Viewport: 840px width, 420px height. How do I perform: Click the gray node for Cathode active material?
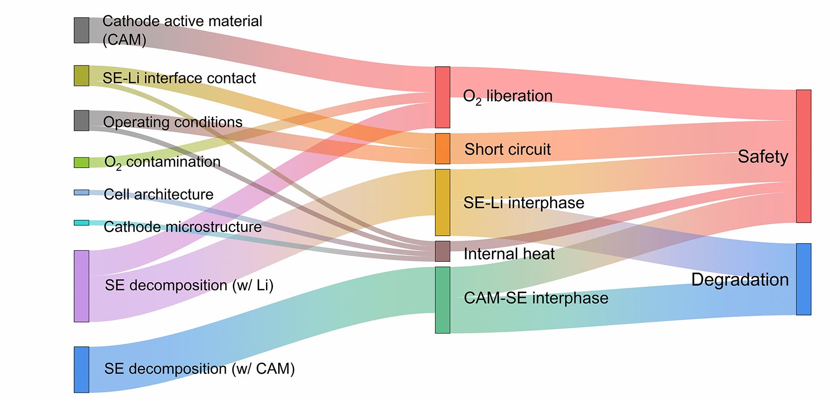point(81,30)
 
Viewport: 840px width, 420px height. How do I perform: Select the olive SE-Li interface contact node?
point(81,76)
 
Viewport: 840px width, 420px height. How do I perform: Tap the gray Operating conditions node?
point(81,120)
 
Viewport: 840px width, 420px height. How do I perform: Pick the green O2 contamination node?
point(81,162)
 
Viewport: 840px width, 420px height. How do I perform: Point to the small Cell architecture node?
point(81,192)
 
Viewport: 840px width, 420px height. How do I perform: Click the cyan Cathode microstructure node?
point(81,223)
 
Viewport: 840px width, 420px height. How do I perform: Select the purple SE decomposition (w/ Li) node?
point(81,286)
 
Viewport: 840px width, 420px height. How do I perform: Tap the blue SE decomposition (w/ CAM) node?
point(81,370)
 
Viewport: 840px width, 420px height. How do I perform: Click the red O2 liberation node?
point(442,97)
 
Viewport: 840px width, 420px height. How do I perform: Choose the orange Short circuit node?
point(442,149)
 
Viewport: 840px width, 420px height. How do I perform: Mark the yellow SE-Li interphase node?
point(442,203)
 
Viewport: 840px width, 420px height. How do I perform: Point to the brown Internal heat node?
point(442,252)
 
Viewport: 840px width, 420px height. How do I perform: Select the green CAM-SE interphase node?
point(442,300)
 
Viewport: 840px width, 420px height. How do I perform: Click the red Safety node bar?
point(804,156)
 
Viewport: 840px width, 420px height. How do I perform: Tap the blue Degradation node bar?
point(804,279)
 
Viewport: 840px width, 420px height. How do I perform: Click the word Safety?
point(763,157)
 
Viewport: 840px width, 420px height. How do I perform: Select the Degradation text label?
point(740,280)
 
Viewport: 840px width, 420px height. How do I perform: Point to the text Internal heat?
point(509,254)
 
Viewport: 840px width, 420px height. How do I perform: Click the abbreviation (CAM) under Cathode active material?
point(124,40)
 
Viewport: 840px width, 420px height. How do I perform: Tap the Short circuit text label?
point(508,149)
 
